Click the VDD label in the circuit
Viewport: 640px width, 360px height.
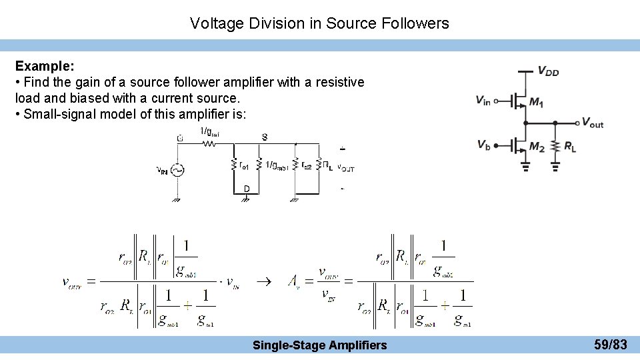[x=548, y=71]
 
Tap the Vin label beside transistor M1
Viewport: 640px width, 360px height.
[x=483, y=101]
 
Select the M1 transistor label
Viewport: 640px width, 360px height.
[x=536, y=102]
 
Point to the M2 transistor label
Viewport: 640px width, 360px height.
[x=537, y=147]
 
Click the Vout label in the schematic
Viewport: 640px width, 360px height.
[x=592, y=122]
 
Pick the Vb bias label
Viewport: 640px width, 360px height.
[x=483, y=145]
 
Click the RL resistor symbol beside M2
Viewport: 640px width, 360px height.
[x=555, y=147]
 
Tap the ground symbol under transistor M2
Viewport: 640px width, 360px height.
[x=525, y=167]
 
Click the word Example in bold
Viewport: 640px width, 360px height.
[x=44, y=67]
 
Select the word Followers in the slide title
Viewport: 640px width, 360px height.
[x=415, y=23]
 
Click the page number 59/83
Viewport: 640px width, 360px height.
[x=610, y=345]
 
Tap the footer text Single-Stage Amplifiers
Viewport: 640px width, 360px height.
[x=319, y=345]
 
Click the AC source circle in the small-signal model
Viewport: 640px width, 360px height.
[x=177, y=170]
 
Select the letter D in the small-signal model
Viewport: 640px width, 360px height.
[x=247, y=189]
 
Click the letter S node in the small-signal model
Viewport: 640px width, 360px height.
[x=265, y=137]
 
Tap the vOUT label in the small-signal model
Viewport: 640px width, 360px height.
[x=345, y=168]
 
